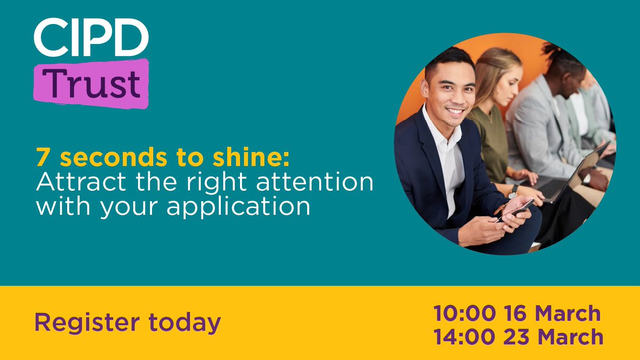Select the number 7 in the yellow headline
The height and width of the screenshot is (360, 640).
(42, 158)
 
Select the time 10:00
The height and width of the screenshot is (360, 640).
(463, 314)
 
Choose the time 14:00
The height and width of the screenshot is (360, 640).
(463, 337)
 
